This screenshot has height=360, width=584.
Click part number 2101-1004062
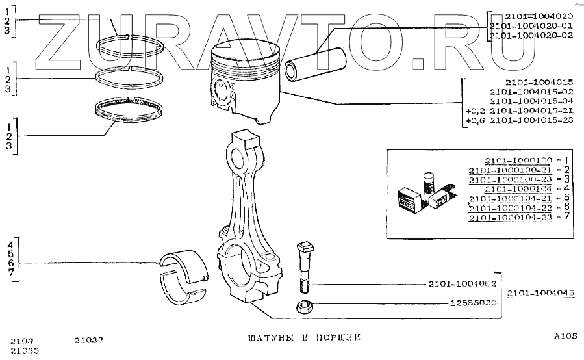coord(462,283)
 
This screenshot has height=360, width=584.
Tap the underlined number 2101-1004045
coord(541,293)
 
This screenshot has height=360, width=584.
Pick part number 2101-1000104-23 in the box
coord(510,217)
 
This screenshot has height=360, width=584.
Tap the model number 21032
coord(89,340)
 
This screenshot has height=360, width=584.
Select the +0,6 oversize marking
coord(476,122)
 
